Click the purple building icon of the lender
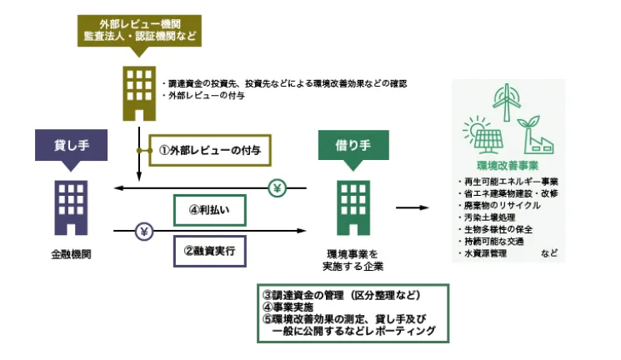click(71, 205)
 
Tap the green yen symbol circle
click(278, 188)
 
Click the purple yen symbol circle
click(143, 231)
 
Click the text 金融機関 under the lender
click(70, 254)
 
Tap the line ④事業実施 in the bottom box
click(288, 307)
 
